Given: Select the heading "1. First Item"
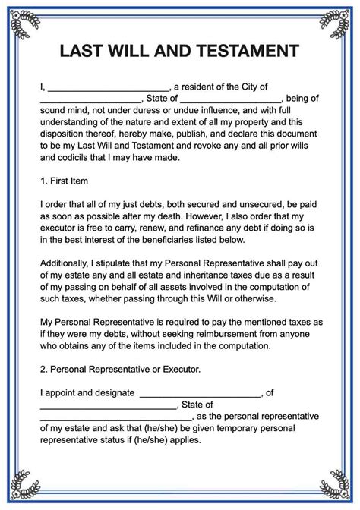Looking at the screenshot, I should pos(64,181).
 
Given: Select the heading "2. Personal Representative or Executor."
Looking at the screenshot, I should pos(119,370).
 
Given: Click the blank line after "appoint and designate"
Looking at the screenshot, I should pos(200,394).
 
